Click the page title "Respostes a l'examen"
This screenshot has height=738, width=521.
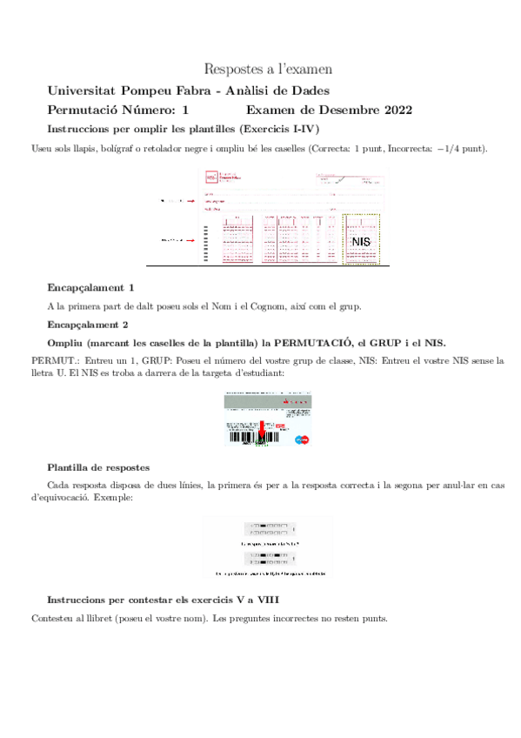267,68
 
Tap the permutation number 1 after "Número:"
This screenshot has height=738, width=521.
184,110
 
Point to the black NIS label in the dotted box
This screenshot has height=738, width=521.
361,240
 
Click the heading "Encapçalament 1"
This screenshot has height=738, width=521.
91,287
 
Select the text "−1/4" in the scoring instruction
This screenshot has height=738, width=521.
446,148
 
